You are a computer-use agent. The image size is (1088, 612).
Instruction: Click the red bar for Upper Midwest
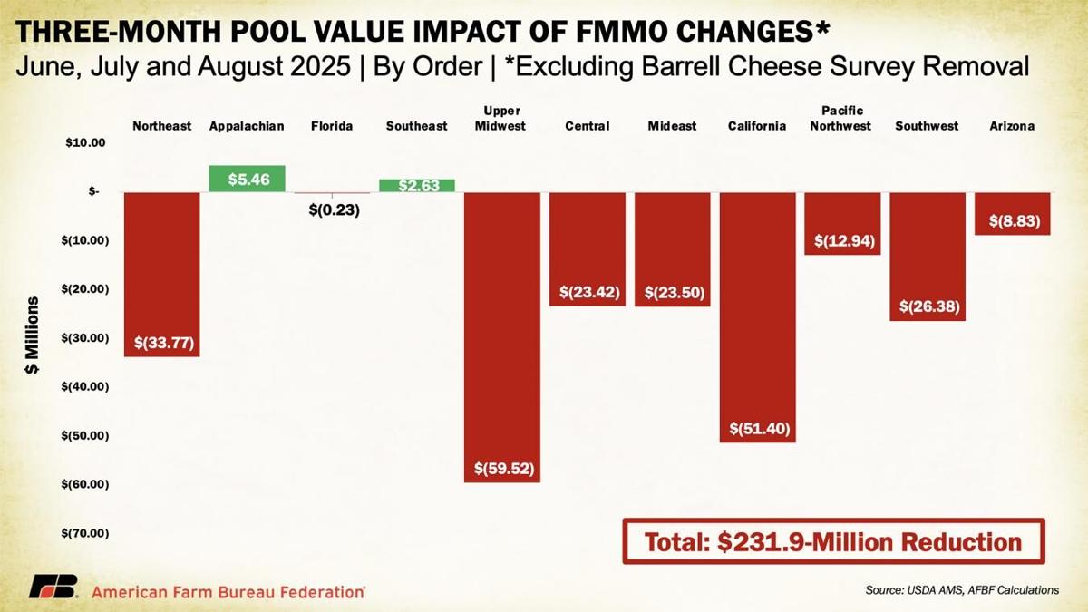pos(501,335)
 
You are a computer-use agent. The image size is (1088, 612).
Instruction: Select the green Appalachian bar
pos(247,179)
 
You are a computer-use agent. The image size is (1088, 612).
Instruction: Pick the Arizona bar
pos(1013,213)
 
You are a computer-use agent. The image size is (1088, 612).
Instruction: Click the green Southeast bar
pos(417,185)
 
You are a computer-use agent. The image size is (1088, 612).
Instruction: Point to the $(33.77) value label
pos(163,343)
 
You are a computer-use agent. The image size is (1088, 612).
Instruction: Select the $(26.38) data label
pos(928,306)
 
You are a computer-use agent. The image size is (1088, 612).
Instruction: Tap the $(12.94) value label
pos(842,240)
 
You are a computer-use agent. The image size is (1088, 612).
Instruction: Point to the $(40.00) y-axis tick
pos(83,386)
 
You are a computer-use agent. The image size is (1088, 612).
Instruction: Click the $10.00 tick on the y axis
pos(86,143)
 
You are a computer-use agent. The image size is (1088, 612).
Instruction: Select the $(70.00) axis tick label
pos(83,533)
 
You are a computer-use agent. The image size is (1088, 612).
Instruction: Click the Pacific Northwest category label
pos(841,119)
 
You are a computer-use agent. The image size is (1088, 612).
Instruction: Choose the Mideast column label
pos(672,126)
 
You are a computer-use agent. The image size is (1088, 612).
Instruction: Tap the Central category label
pos(587,126)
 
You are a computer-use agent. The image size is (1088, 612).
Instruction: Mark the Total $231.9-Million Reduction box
pos(833,542)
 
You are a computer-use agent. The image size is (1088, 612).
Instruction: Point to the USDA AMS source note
pos(961,590)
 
